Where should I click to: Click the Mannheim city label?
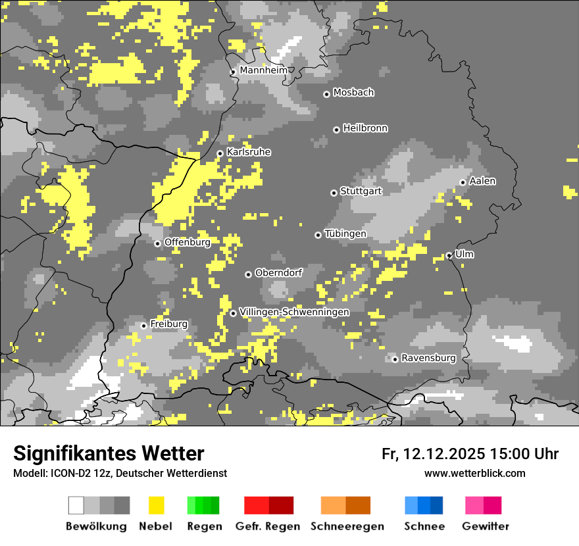263,70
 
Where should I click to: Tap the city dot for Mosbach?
326,94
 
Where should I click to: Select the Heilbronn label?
365,128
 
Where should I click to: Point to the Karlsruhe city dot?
220,153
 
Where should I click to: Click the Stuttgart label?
361,191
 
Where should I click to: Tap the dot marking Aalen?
463,182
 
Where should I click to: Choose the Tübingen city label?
345,234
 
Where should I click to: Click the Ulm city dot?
449,255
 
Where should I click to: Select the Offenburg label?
187,242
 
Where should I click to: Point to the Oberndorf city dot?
248,274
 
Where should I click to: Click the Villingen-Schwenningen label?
294,312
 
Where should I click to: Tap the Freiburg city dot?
143,326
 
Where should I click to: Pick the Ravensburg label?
428,358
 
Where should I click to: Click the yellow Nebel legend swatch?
156,505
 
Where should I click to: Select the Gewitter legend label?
486,526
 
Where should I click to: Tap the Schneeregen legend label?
347,526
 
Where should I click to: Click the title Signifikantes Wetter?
109,453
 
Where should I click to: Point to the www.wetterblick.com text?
475,473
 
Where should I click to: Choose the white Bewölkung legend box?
76,505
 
